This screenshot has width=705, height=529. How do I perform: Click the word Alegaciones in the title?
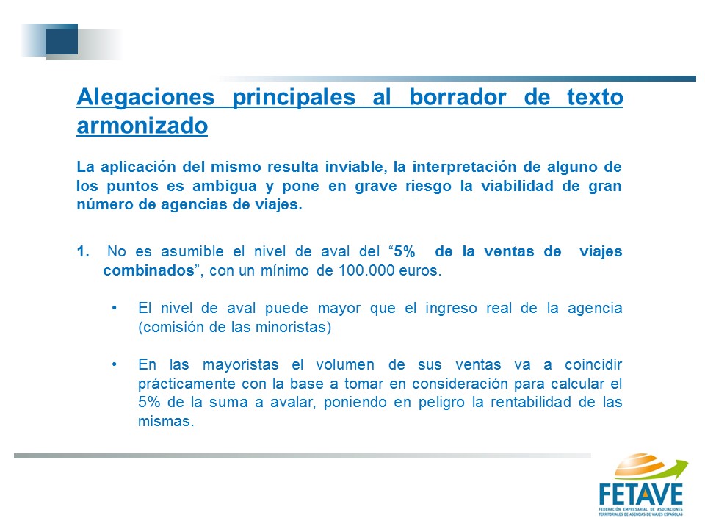pyautogui.click(x=145, y=97)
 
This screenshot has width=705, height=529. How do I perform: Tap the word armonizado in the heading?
pyautogui.click(x=142, y=126)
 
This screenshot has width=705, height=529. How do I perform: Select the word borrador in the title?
pyautogui.click(x=458, y=97)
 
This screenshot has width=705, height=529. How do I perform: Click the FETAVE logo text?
pyautogui.click(x=641, y=494)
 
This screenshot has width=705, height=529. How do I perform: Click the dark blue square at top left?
pyautogui.click(x=62, y=39)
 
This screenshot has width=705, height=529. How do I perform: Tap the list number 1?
pyautogui.click(x=83, y=251)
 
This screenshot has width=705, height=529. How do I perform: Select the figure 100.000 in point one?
pyautogui.click(x=364, y=270)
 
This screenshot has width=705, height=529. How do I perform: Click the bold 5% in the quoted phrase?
pyautogui.click(x=405, y=251)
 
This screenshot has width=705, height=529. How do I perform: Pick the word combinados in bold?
pyautogui.click(x=148, y=270)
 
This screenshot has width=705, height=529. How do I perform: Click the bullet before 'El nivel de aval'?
pyautogui.click(x=115, y=308)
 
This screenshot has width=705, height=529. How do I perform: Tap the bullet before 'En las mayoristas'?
pyautogui.click(x=115, y=364)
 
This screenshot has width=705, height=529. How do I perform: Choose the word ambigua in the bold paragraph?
pyautogui.click(x=225, y=186)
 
